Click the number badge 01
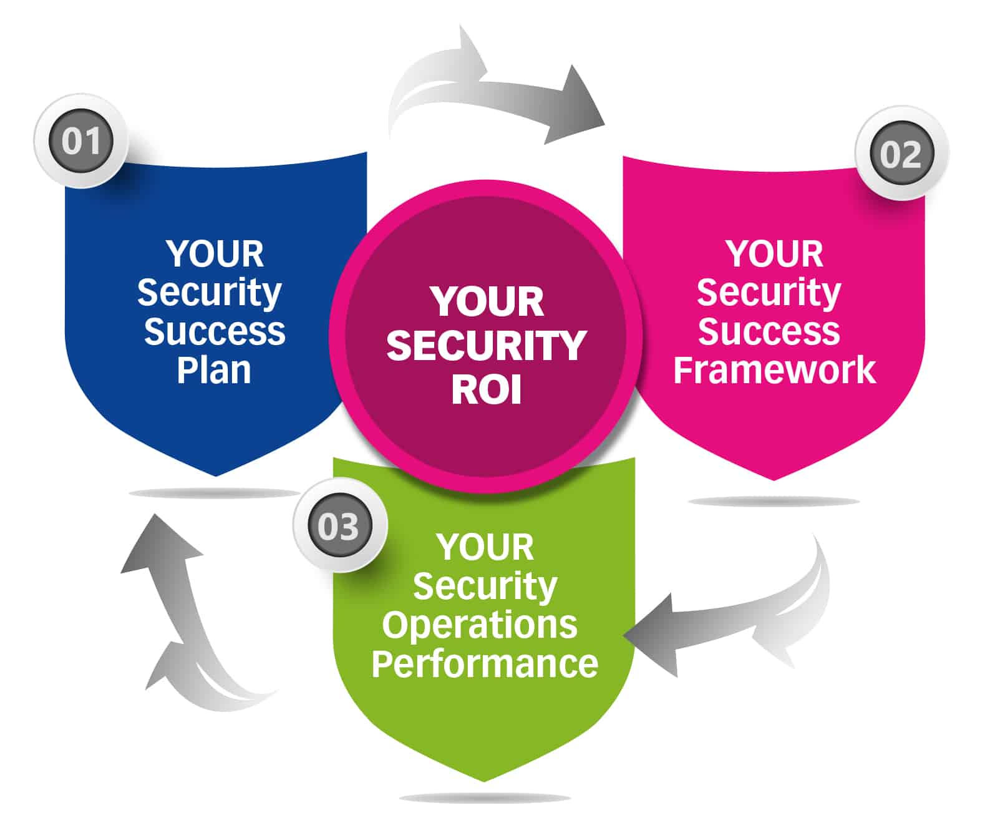(81, 141)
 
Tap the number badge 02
(900, 154)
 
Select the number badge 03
(339, 526)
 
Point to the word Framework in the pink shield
(774, 370)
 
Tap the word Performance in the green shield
(485, 663)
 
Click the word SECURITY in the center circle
(486, 346)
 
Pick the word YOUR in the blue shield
(215, 254)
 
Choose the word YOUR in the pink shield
(774, 254)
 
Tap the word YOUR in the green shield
(485, 547)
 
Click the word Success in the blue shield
(215, 331)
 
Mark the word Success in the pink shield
(769, 331)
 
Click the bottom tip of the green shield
(484, 779)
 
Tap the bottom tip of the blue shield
(216, 474)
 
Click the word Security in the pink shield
(769, 293)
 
